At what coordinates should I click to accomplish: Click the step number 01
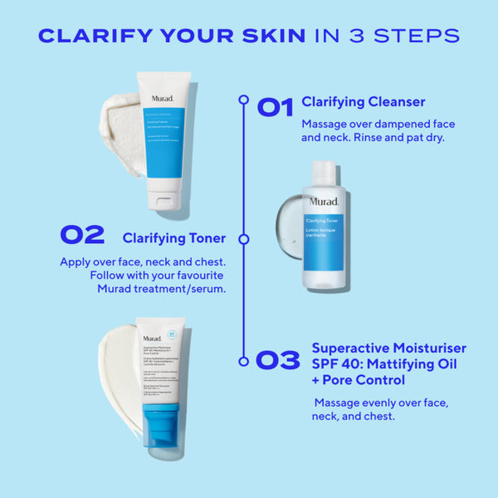pyautogui.click(x=275, y=106)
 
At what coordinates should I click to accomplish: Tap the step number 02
pyautogui.click(x=82, y=235)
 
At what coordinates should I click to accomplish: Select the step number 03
pyautogui.click(x=277, y=360)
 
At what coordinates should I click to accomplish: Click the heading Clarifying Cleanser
pyautogui.click(x=364, y=102)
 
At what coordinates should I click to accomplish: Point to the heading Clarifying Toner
pyautogui.click(x=174, y=238)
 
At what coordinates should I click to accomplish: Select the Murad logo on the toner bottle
pyautogui.click(x=324, y=202)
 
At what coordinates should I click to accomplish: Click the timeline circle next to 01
pyautogui.click(x=243, y=100)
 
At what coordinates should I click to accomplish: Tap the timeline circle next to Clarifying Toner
pyautogui.click(x=243, y=238)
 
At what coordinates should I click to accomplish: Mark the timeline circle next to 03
pyautogui.click(x=243, y=361)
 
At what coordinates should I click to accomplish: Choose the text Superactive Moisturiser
pyautogui.click(x=388, y=348)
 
